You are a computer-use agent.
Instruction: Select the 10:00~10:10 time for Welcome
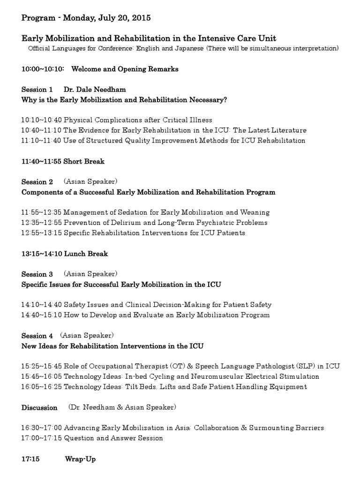(44, 69)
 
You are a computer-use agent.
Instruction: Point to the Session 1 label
(37, 89)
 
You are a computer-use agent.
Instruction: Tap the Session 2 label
(37, 182)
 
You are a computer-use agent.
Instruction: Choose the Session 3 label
(37, 274)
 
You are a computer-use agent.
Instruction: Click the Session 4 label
(37, 336)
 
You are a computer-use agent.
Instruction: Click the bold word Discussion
(39, 407)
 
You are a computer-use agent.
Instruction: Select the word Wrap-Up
(80, 459)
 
